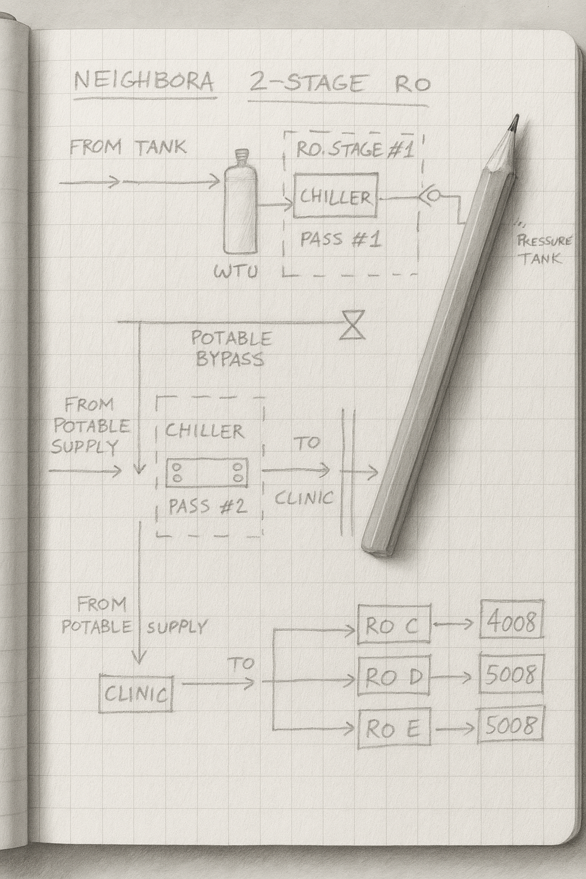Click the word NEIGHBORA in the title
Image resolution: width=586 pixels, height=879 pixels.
pos(144,82)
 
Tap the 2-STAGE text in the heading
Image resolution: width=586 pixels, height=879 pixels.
pos(306,84)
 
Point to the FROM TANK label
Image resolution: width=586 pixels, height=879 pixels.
pos(128,147)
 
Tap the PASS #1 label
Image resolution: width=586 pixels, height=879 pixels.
pos(340,239)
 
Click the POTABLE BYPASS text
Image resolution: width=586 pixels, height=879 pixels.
pos(231,349)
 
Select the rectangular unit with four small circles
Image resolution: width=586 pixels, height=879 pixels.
pos(207,473)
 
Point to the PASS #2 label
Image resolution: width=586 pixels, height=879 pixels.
pos(208,506)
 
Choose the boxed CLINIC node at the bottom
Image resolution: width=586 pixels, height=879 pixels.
pos(136,694)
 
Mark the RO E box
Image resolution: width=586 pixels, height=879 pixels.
pos(394,728)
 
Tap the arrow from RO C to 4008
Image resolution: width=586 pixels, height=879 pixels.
pos(455,624)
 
